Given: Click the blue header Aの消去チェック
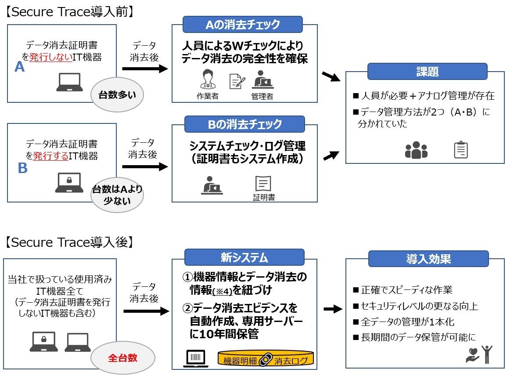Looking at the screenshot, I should [x=243, y=24].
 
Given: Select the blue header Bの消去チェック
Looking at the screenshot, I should [x=244, y=124].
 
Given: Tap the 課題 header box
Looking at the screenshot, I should [x=427, y=72].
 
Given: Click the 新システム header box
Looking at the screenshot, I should [x=244, y=257].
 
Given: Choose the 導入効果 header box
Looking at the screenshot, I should [x=428, y=259].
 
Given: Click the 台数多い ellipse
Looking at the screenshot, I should [x=117, y=94].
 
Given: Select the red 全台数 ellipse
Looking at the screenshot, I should [x=123, y=358].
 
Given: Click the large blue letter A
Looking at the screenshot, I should [x=19, y=66].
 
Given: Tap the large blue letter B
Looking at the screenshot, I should [x=22, y=168].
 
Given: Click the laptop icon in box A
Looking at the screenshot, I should [x=69, y=82].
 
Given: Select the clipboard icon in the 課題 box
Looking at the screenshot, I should [x=460, y=150].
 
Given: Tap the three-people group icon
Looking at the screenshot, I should [x=416, y=150].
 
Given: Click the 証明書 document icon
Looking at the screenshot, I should [x=263, y=183].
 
